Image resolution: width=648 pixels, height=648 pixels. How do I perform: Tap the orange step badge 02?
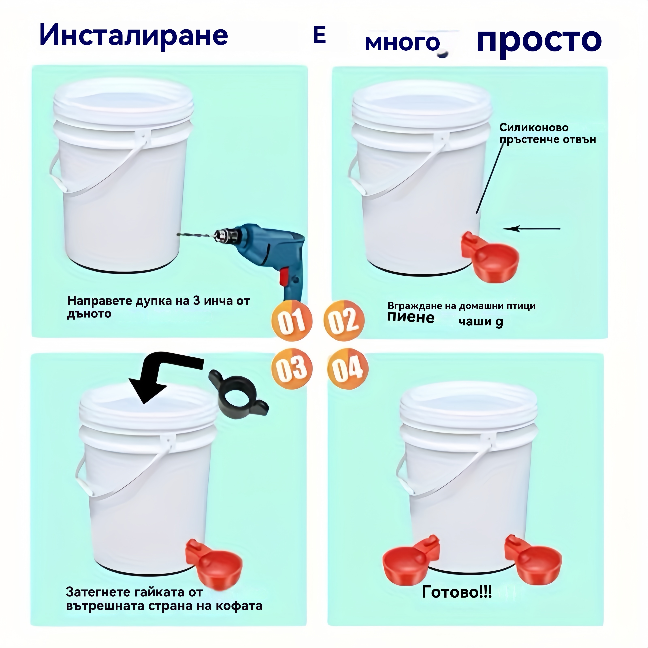click(344, 320)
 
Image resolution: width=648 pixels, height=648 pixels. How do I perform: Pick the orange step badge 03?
click(291, 368)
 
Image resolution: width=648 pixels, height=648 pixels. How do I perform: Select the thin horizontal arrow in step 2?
click(532, 229)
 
